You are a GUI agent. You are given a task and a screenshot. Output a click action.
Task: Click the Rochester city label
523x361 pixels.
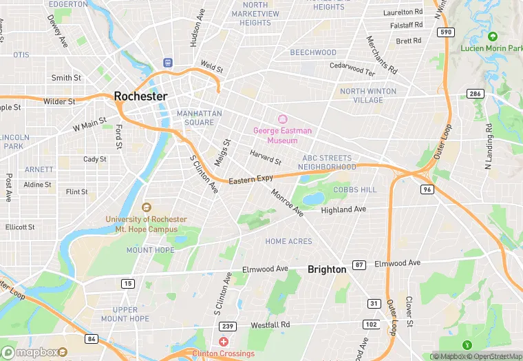click(140, 96)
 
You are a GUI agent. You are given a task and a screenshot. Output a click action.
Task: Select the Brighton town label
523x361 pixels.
click(327, 269)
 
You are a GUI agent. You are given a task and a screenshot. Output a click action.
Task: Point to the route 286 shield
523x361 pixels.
click(474, 93)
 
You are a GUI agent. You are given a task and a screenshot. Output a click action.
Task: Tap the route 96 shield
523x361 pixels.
click(427, 189)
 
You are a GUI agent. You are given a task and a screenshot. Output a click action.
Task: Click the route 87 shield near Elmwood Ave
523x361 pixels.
click(359, 265)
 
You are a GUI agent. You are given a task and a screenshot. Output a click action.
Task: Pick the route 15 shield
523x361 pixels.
click(128, 283)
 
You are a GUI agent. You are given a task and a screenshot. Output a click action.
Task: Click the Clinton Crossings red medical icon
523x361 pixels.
click(223, 342)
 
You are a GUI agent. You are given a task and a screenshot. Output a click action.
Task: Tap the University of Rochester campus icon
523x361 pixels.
click(146, 207)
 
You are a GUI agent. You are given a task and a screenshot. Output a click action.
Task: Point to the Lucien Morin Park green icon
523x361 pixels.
click(492, 36)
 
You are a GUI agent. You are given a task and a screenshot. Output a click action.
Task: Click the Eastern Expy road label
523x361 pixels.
click(250, 180)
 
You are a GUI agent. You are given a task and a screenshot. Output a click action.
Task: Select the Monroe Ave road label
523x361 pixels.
click(287, 203)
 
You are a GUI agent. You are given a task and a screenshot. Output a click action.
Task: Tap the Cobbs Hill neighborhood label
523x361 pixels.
click(355, 189)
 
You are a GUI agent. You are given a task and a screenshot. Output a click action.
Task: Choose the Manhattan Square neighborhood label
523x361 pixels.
click(199, 118)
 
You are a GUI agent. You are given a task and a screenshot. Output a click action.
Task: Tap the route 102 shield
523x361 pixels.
click(371, 324)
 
